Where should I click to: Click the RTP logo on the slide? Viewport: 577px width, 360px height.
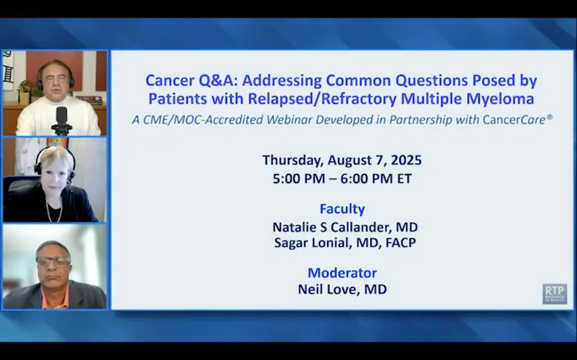[x=554, y=293]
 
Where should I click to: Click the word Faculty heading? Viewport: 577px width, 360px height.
[x=342, y=209]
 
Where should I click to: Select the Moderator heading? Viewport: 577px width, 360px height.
[x=342, y=273]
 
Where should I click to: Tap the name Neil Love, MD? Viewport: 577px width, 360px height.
[x=342, y=289]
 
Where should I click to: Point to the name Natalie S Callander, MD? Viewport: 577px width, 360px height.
[x=345, y=227]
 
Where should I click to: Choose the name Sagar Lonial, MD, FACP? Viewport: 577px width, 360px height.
[x=345, y=243]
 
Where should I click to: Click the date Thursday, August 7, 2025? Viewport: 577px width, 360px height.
[x=342, y=160]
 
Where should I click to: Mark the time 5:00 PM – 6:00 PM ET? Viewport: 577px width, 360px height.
[x=342, y=179]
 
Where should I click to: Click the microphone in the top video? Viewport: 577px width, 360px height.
[x=62, y=120]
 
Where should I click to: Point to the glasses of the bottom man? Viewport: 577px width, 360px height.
[x=53, y=261]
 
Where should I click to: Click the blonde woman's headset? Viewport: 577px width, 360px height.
[x=55, y=162]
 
